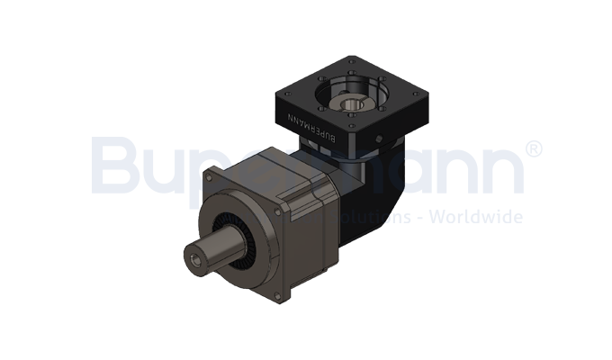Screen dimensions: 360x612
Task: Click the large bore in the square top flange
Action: click(x=352, y=98)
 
